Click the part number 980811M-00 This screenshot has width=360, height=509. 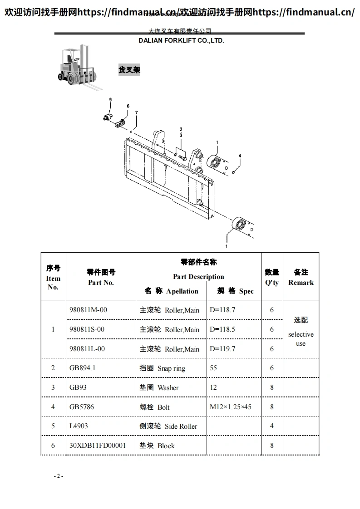(x=88, y=310)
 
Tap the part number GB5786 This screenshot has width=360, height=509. (x=82, y=407)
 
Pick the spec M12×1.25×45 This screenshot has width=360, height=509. (x=231, y=407)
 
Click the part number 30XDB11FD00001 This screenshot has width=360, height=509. (x=98, y=445)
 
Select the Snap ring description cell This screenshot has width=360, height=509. (x=163, y=368)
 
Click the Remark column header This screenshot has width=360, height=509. (x=301, y=277)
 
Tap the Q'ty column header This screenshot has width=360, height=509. (x=272, y=277)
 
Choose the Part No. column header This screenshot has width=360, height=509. (x=101, y=277)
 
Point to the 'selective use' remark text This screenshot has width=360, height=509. (x=301, y=338)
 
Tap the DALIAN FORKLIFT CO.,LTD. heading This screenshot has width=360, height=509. (x=181, y=40)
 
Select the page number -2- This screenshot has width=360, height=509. (x=59, y=476)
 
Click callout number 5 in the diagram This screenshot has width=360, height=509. (x=110, y=99)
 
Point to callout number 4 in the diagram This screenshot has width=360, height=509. (x=240, y=156)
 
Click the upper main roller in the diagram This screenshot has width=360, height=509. (x=213, y=162)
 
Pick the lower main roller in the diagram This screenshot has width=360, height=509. (x=239, y=225)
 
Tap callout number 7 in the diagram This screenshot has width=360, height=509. (x=136, y=112)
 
